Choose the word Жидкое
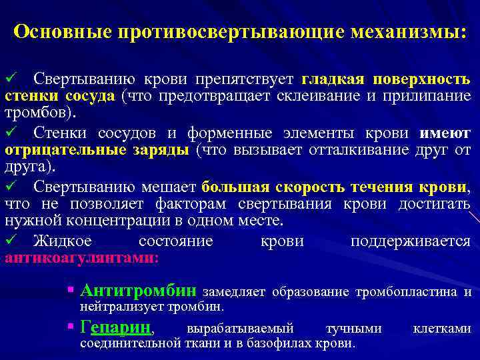pos(61,240)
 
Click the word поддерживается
pos(410,240)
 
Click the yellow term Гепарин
pos(116,327)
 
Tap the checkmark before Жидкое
pos(9,239)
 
